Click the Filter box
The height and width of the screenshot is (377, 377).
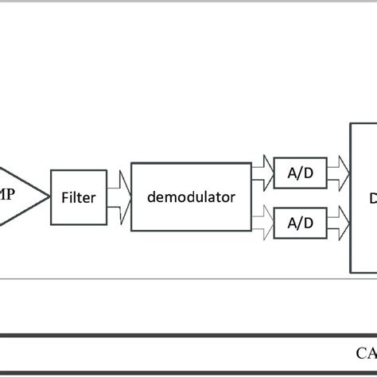coord(78,198)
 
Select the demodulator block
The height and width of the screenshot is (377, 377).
coord(191,197)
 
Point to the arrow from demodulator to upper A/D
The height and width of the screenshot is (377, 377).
coord(262,169)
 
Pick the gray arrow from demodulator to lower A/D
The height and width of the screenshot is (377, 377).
coord(262,223)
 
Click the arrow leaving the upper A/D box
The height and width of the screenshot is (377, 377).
coord(338,169)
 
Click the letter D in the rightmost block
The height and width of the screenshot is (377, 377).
coord(371,197)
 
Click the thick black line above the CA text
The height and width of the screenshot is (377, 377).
coord(188,336)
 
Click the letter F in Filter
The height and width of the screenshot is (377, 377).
coord(64,198)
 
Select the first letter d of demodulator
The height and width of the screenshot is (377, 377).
coord(152,197)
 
